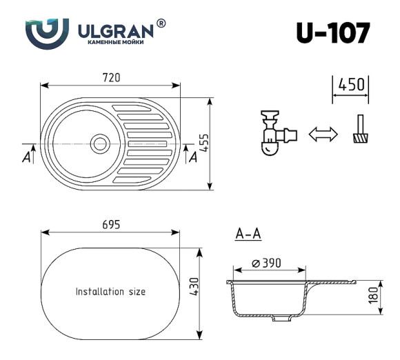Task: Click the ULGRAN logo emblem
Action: point(47,32)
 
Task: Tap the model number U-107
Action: point(332,33)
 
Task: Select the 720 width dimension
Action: point(112,77)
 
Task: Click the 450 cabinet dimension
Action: point(350,85)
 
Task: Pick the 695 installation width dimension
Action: point(112,224)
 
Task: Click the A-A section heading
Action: point(248,234)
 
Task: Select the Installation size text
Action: point(110,292)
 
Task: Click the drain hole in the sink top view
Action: point(100,143)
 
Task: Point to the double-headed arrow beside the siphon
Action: point(322,134)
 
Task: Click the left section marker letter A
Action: point(26,157)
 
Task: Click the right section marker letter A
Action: point(193,157)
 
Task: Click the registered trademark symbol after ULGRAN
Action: point(161,24)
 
